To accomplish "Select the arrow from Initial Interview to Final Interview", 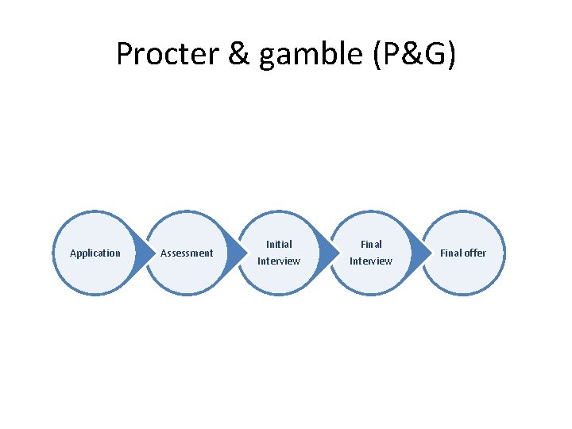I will tap(327, 253).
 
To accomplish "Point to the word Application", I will tap(95, 253).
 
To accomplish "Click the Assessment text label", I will tap(187, 253).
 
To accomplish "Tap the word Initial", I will tap(279, 245).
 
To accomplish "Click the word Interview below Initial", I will tap(279, 261).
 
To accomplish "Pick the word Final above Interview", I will tap(371, 245).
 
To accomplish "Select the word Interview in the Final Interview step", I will tap(371, 261).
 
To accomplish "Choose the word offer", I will tap(475, 253).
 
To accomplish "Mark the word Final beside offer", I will tap(451, 253).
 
